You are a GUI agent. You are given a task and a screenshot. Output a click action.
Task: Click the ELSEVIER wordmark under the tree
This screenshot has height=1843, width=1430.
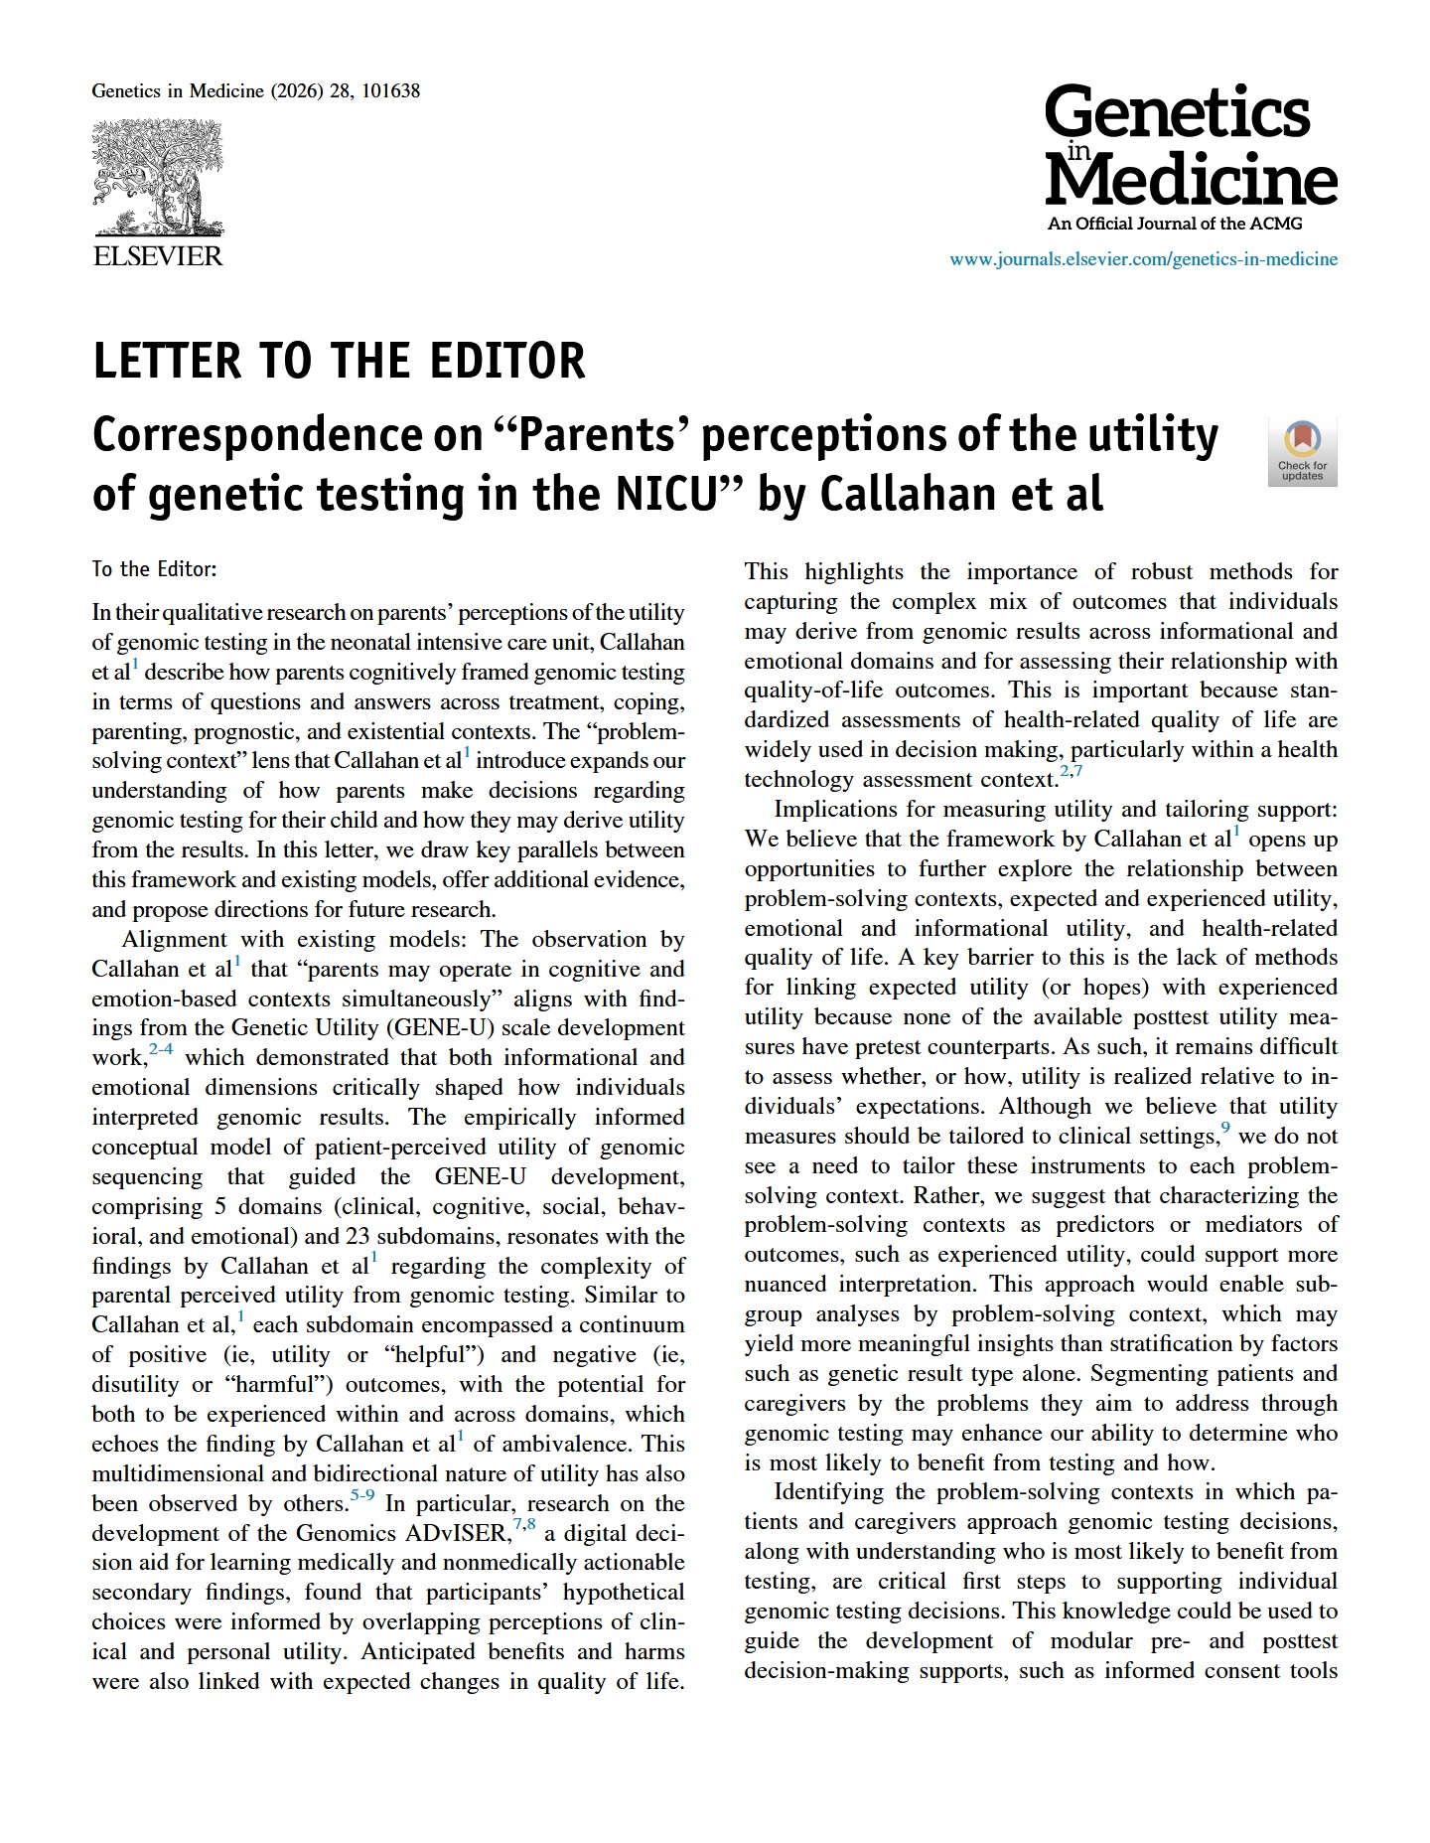coord(158,256)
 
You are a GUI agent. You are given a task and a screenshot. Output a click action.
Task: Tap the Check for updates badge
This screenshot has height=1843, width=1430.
coord(1302,452)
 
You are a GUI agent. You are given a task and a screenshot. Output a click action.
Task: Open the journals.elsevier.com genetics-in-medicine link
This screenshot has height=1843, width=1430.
coord(1143,259)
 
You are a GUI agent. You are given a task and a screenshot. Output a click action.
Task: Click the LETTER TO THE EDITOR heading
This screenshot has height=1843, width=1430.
coord(339,361)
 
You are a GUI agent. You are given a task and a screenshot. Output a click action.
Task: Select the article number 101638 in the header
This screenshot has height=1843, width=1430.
coord(390,91)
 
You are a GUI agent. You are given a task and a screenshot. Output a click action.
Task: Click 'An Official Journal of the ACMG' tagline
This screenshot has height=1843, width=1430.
coord(1175,224)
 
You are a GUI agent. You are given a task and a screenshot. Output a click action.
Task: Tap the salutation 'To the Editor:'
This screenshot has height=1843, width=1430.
coord(154,569)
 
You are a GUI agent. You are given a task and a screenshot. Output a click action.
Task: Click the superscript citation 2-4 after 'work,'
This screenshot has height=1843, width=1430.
coord(161,1049)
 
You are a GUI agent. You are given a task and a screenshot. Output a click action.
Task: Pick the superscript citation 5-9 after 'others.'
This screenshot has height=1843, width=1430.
coord(362,1495)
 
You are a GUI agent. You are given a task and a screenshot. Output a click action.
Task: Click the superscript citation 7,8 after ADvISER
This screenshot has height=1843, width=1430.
coord(524,1525)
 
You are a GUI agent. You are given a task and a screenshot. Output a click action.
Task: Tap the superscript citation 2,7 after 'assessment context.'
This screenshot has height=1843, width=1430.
coord(1071,771)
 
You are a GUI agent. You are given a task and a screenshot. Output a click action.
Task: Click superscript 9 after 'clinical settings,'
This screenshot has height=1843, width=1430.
coord(1225,1128)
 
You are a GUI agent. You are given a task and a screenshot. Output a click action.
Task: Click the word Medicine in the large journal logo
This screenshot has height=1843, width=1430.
coord(1192,180)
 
